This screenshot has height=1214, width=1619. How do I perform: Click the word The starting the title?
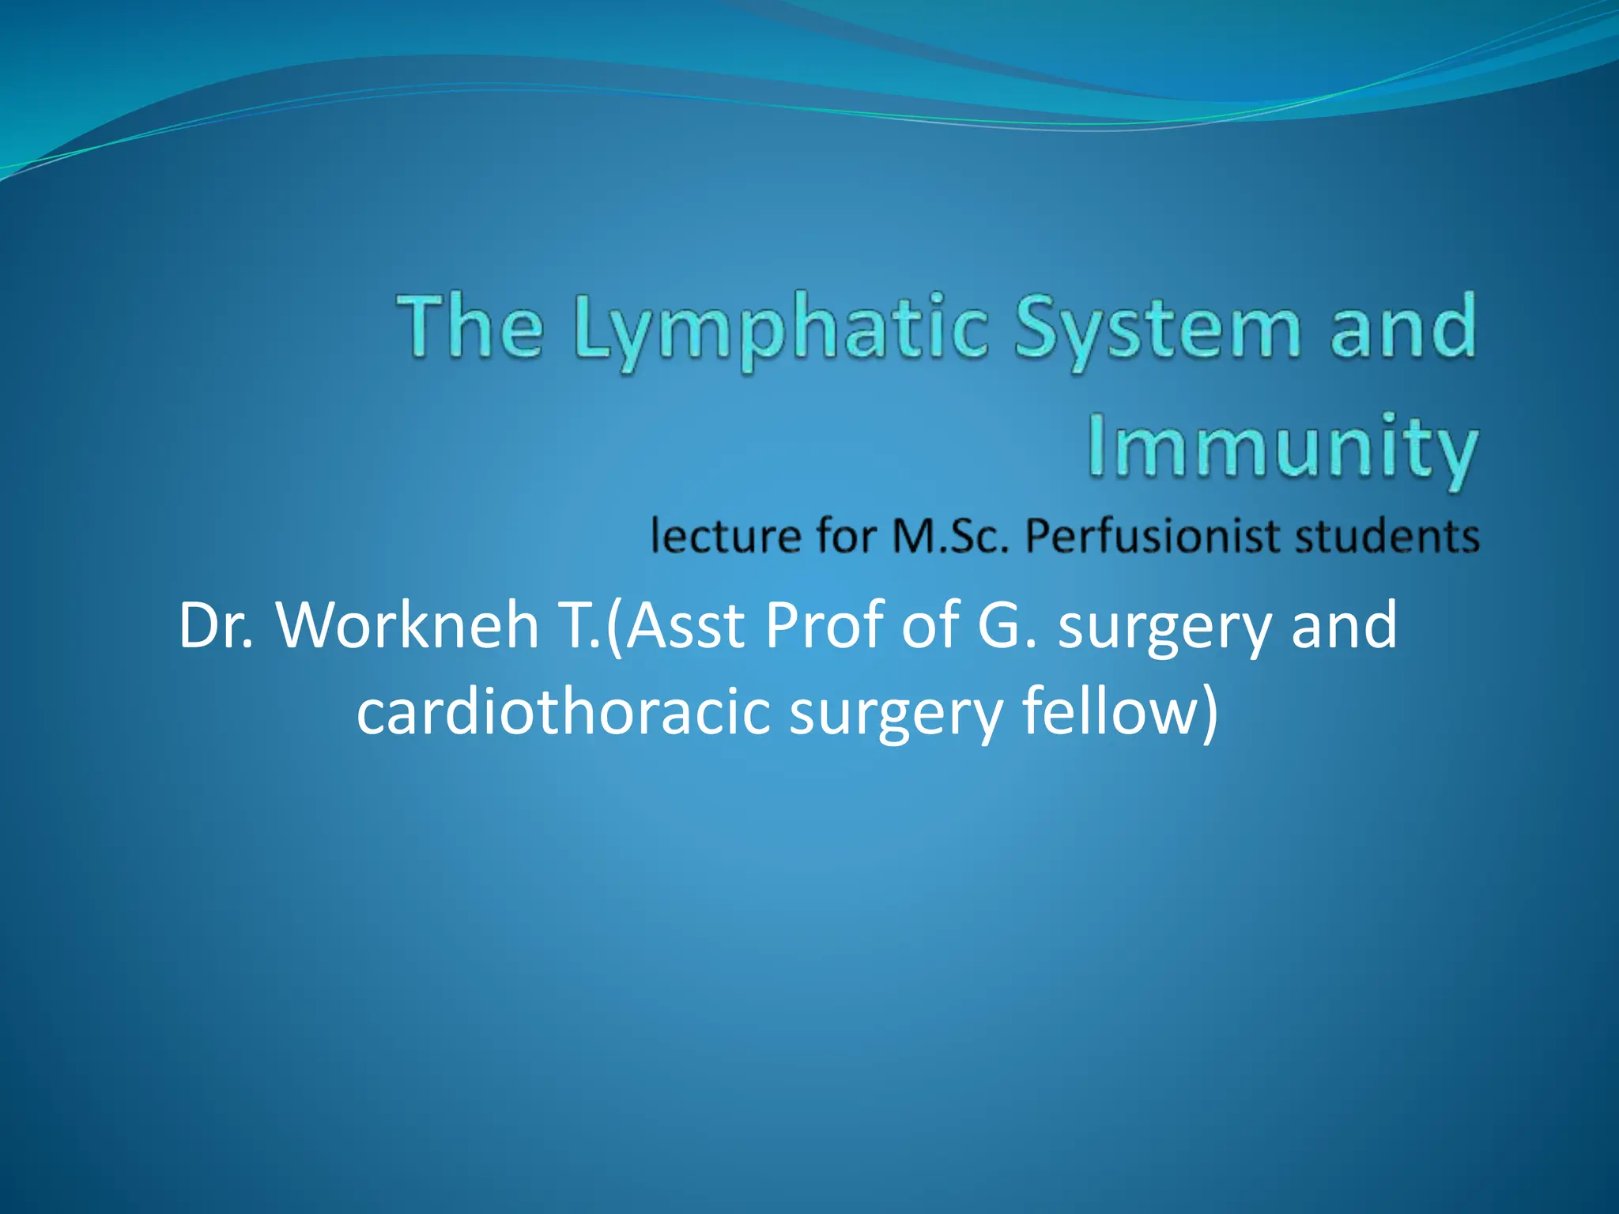(471, 327)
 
